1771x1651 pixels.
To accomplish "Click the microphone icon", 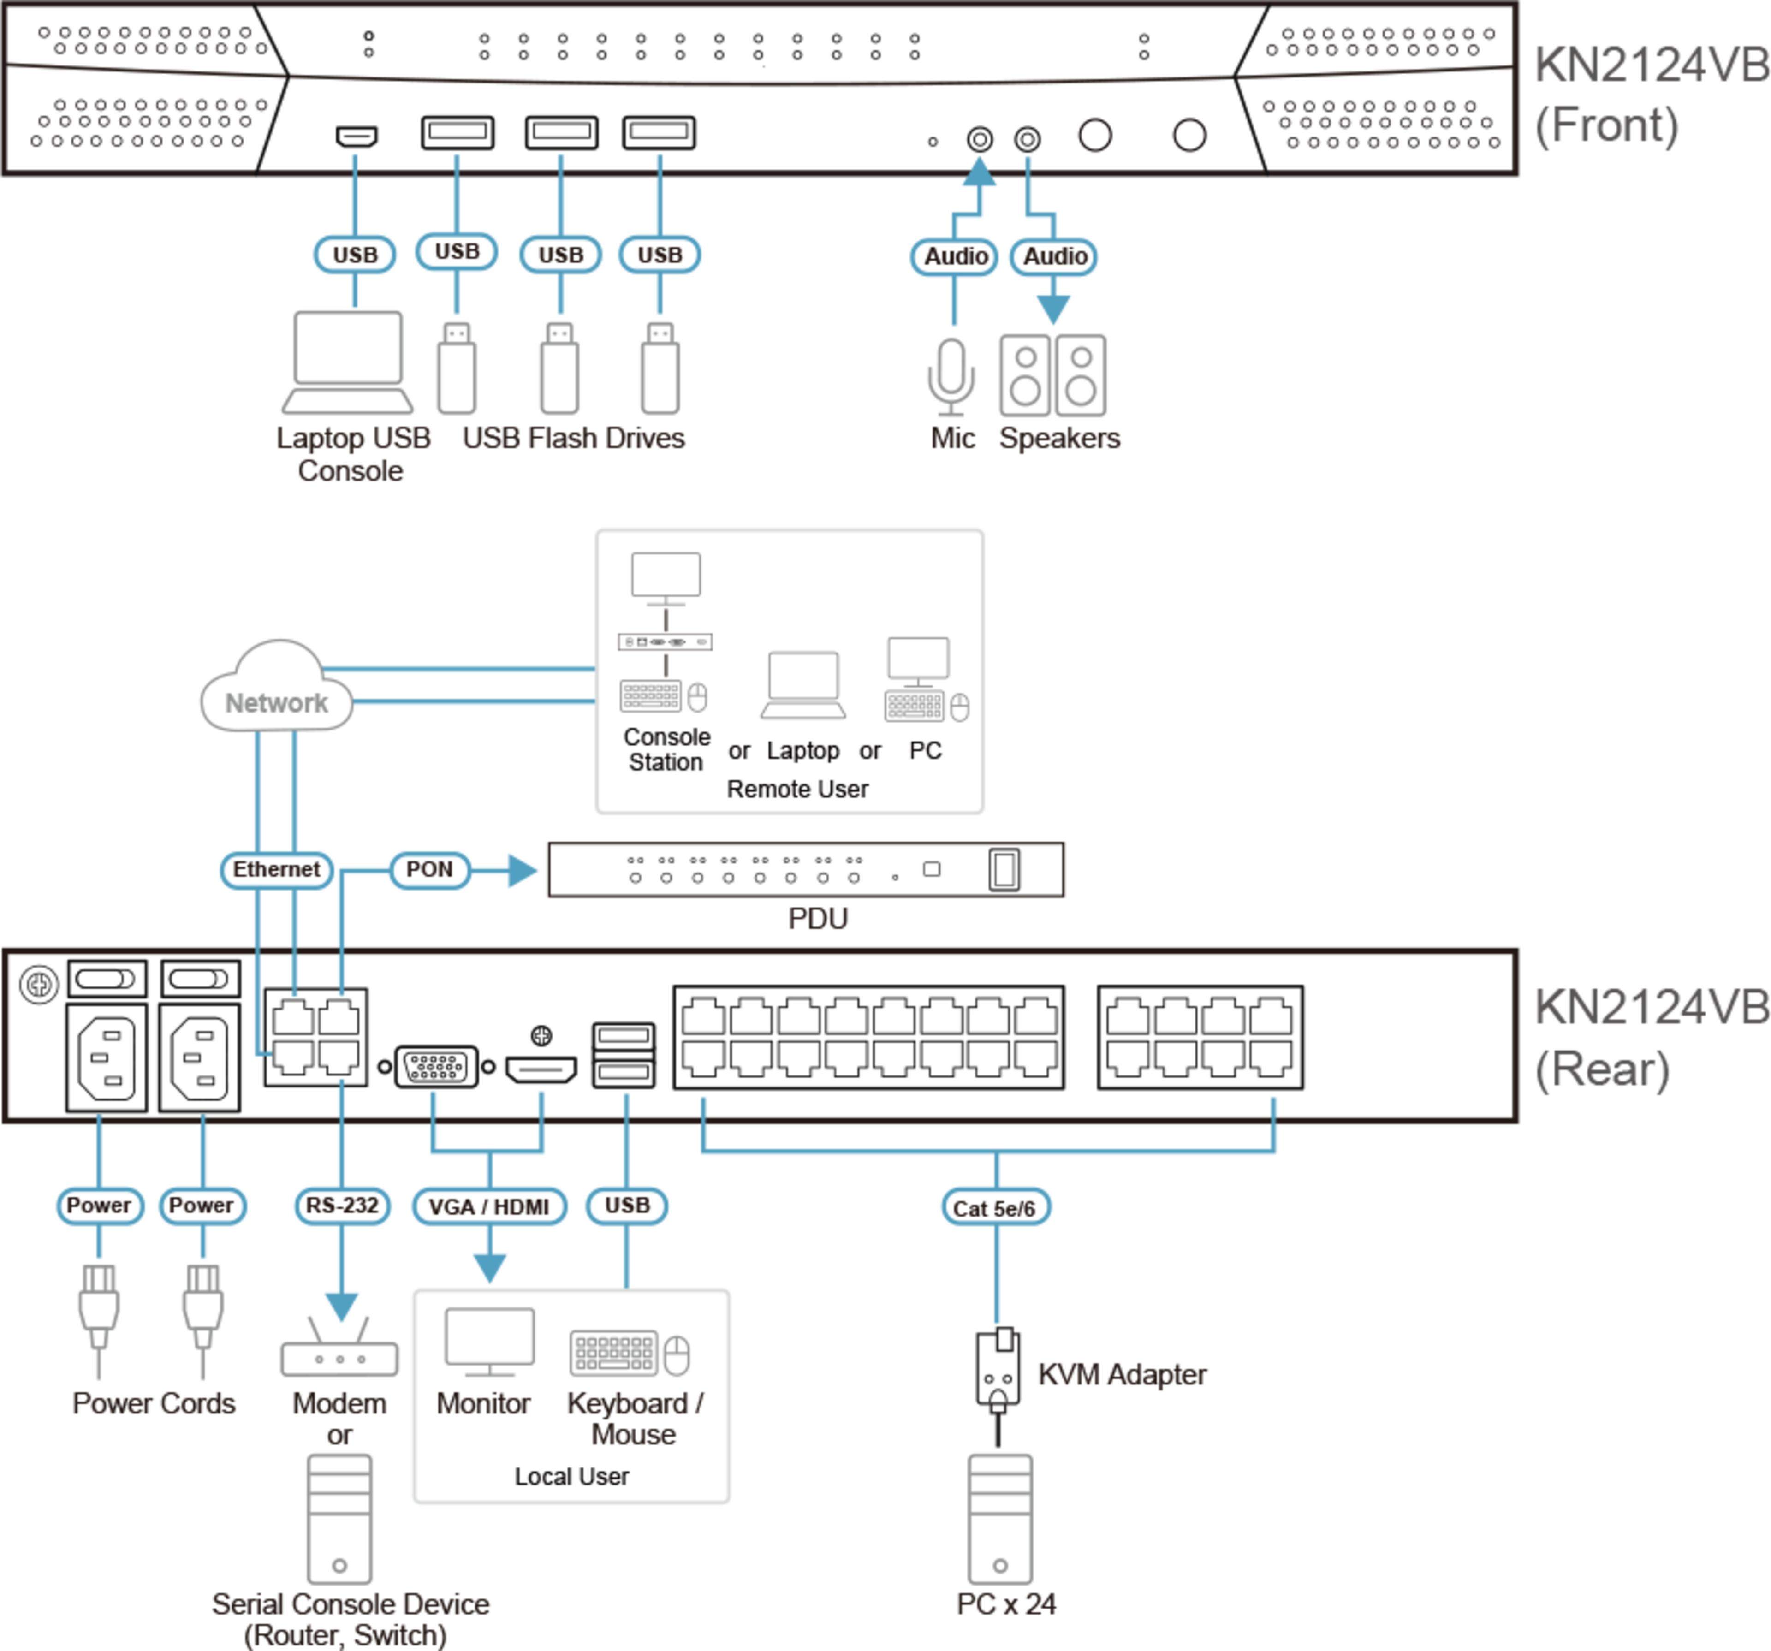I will [951, 376].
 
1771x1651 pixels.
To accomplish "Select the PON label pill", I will [429, 870].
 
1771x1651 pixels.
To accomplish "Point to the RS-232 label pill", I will [342, 1206].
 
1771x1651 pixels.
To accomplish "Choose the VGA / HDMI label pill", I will [489, 1207].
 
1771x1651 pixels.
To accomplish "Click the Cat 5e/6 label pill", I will [995, 1208].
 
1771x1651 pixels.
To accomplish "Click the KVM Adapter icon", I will [998, 1370].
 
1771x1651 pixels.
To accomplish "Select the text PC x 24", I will [1006, 1604].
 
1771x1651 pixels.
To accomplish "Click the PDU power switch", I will [1004, 870].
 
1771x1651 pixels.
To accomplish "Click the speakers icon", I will [1053, 375].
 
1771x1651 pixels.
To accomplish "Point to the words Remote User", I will [797, 790].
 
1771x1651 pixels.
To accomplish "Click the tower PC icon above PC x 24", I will [1000, 1519].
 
